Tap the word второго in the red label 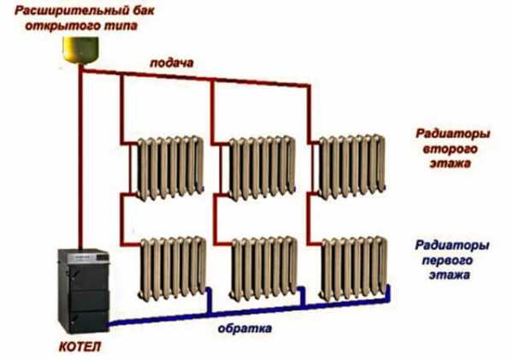[x=445, y=149]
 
